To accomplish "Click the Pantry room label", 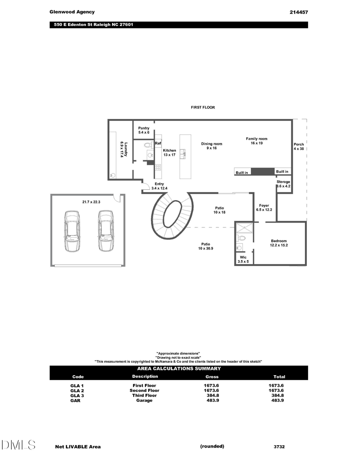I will click(x=144, y=130).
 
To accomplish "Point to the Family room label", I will click(x=256, y=141).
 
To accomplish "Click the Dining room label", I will click(x=211, y=146).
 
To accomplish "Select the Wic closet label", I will click(x=243, y=259).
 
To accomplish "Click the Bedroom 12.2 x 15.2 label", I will click(x=279, y=243).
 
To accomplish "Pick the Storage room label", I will click(x=283, y=184).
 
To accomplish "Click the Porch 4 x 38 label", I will click(x=299, y=146).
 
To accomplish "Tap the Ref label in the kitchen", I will click(x=158, y=143).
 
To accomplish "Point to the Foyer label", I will click(x=264, y=207).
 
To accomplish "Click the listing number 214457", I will click(x=298, y=12).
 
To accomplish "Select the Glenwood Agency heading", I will click(x=72, y=12).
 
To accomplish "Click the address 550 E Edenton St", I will click(x=94, y=25).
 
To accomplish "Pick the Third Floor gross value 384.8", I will click(x=212, y=396).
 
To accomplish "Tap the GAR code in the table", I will click(x=75, y=400).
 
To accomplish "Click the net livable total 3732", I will click(x=279, y=447).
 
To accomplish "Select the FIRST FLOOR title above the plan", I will click(x=203, y=107).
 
